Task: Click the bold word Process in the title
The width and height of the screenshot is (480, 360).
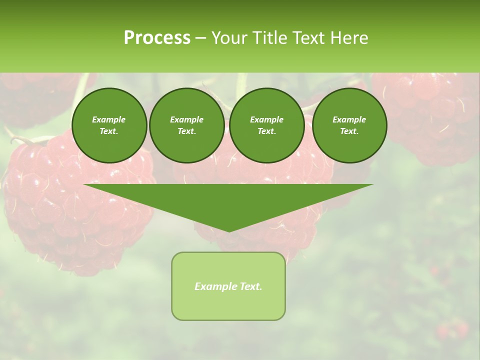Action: click(157, 38)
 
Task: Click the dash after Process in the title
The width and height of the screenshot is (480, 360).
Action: click(200, 38)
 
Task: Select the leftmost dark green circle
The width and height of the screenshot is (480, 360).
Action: click(109, 125)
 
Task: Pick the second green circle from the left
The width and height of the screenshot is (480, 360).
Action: click(187, 125)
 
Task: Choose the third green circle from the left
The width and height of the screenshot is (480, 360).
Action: click(267, 125)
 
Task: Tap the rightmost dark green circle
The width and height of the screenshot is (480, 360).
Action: click(349, 125)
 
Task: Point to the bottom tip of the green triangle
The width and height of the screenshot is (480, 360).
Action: click(228, 230)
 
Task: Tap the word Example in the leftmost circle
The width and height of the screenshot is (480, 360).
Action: click(109, 119)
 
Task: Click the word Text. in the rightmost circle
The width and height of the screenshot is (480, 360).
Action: click(349, 131)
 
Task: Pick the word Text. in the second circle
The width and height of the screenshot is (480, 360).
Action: click(187, 131)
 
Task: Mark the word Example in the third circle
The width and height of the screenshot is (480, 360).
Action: click(267, 119)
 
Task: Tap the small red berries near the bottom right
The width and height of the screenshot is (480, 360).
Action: click(452, 330)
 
